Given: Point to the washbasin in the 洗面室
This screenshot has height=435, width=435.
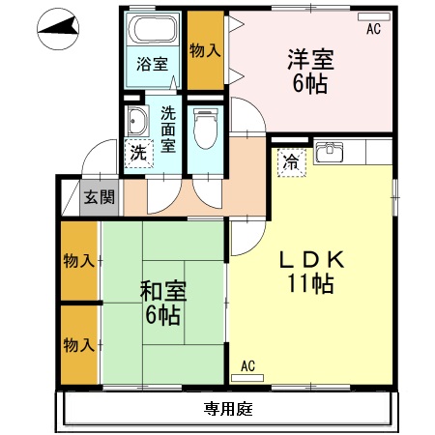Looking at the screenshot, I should (x=137, y=122).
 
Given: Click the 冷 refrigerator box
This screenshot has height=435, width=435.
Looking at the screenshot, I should (x=289, y=162).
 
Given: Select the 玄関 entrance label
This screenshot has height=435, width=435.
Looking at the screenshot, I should (x=98, y=197).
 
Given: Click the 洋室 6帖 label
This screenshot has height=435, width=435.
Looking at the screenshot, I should (x=310, y=71).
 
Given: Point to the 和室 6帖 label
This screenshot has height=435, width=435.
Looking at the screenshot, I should (x=161, y=304).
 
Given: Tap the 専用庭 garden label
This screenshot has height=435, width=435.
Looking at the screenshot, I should (x=228, y=409).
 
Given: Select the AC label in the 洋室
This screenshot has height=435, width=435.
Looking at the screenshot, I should (x=373, y=30).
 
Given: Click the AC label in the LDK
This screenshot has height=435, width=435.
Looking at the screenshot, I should (x=247, y=365).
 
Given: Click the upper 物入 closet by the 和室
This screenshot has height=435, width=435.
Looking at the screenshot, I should (x=79, y=261).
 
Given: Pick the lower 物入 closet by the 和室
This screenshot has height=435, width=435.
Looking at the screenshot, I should (x=79, y=344).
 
